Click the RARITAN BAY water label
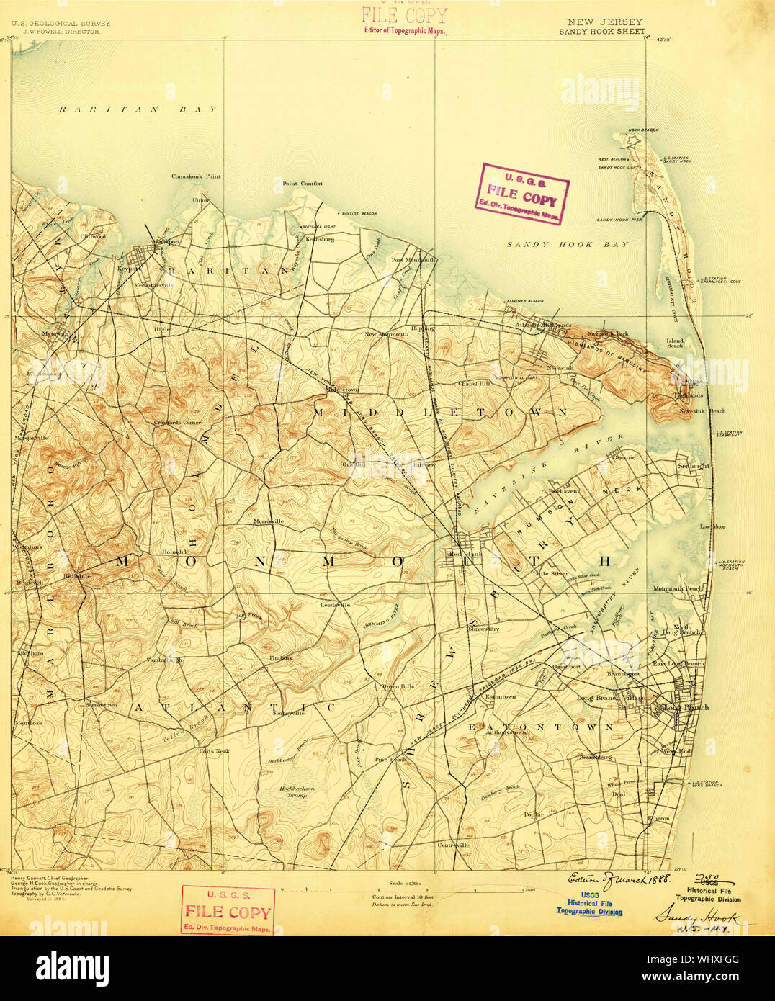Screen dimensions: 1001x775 [137, 109]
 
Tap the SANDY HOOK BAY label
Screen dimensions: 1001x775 [567, 245]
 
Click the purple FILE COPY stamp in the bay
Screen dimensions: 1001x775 [521, 194]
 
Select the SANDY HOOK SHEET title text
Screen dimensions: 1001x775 [601, 32]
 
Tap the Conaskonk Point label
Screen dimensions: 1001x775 [196, 176]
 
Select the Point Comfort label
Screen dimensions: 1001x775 [303, 184]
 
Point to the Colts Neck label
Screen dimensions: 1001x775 [214, 751]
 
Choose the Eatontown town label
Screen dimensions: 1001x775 [501, 697]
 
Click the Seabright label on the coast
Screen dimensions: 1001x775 [693, 466]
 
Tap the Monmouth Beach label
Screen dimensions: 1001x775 [677, 589]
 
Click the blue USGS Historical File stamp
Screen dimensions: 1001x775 [589, 904]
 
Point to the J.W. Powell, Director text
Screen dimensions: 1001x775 [61, 32]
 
